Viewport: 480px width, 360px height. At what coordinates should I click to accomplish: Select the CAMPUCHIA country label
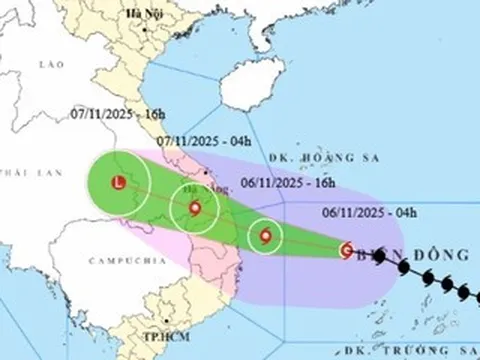coord(119,258)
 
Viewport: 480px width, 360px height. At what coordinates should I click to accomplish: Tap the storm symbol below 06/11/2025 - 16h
coord(265,237)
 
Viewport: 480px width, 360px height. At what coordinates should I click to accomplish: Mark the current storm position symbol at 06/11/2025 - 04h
coord(346,250)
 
